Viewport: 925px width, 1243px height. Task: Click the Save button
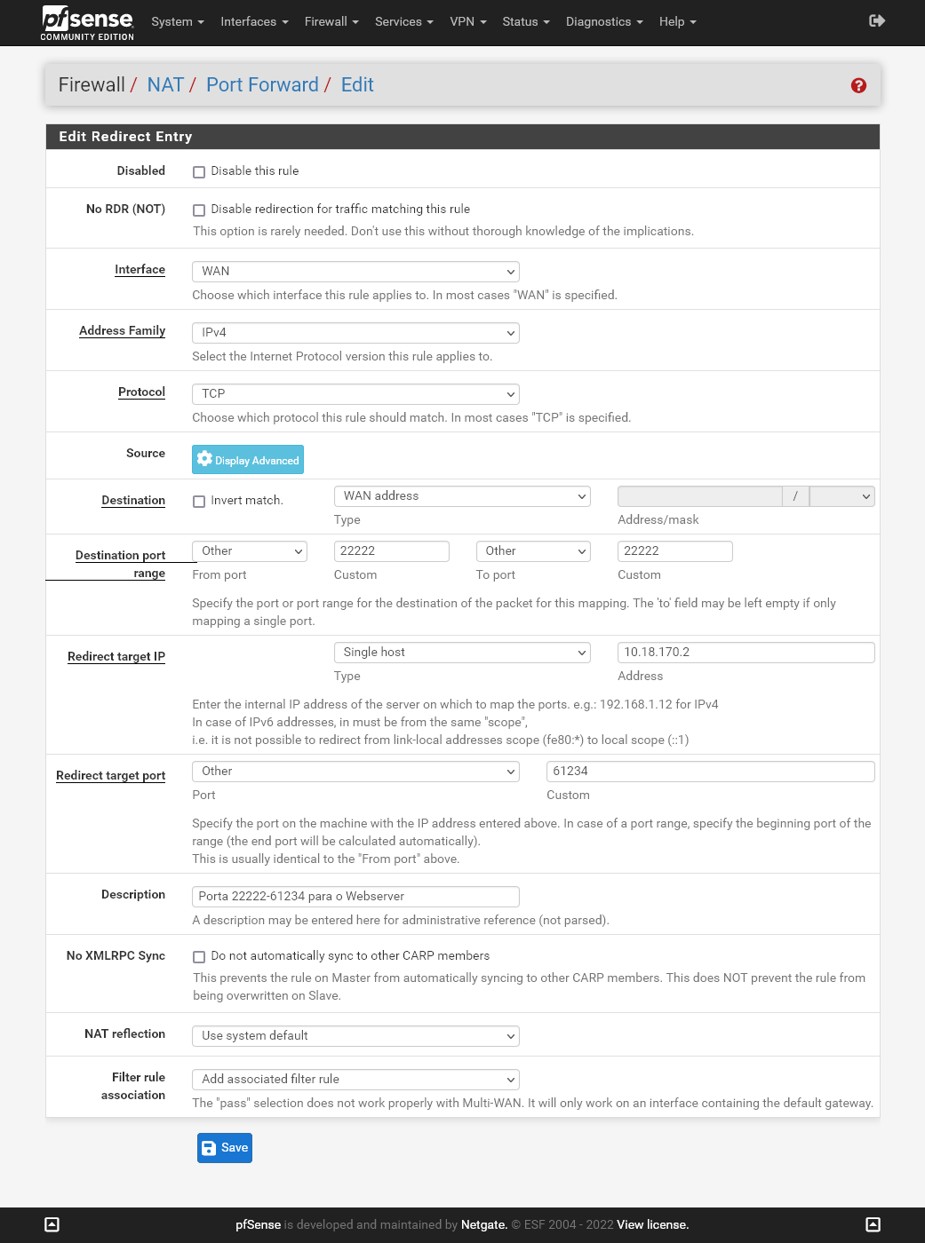coord(224,1148)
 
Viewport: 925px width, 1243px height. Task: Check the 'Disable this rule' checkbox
coord(199,172)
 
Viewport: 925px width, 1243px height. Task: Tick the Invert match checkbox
coord(199,502)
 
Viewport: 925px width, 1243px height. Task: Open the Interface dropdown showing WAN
coord(355,272)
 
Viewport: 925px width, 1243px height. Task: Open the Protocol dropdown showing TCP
coord(355,394)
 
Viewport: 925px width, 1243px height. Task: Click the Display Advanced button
coord(248,460)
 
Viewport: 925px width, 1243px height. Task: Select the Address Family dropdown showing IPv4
coord(355,333)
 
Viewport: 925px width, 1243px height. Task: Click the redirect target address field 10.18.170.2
coord(746,653)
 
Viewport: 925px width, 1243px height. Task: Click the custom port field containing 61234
coord(710,772)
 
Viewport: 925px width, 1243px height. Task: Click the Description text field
coord(355,897)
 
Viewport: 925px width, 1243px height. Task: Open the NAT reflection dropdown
coord(355,1036)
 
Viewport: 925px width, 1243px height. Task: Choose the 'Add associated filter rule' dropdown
coord(355,1080)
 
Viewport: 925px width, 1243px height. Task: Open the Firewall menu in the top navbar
coord(331,21)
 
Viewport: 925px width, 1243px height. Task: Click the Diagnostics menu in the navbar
coord(603,21)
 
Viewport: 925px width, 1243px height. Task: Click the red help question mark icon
coord(858,85)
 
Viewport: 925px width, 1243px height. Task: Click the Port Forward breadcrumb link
coord(262,85)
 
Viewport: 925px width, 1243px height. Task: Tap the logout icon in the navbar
coord(877,20)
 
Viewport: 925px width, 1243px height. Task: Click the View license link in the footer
coord(652,1225)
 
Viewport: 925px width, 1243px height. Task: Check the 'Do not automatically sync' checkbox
coord(199,957)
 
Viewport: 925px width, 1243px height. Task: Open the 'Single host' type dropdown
coord(462,653)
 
